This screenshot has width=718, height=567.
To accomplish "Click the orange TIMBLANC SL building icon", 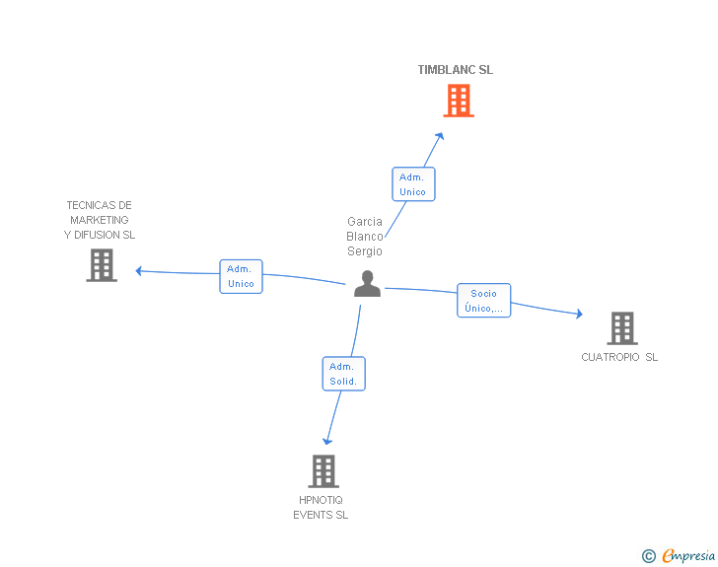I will [458, 101].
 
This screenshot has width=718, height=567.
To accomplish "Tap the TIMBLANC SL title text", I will [455, 70].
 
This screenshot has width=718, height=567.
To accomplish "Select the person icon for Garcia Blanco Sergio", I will [367, 284].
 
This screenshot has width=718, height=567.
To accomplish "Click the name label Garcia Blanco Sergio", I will [365, 237].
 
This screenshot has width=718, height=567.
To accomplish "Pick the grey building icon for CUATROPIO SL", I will [621, 328].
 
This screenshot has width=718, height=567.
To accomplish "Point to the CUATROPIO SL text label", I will [619, 357].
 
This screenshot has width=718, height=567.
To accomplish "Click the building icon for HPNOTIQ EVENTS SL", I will [323, 471].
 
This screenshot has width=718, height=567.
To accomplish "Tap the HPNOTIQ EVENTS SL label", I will [321, 507].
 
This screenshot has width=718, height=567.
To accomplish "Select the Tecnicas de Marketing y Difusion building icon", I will [102, 265].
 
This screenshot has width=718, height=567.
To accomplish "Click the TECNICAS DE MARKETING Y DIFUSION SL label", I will [99, 220].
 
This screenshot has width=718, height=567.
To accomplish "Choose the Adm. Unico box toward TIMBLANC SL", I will [412, 184].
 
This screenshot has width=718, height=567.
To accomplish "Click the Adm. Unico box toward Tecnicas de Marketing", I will [241, 276].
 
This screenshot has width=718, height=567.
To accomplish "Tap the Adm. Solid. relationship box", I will [343, 374].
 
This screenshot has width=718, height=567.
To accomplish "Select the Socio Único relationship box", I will [483, 301].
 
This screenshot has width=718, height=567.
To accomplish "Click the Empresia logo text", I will [687, 556].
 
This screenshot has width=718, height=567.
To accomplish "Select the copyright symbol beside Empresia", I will [649, 556].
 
